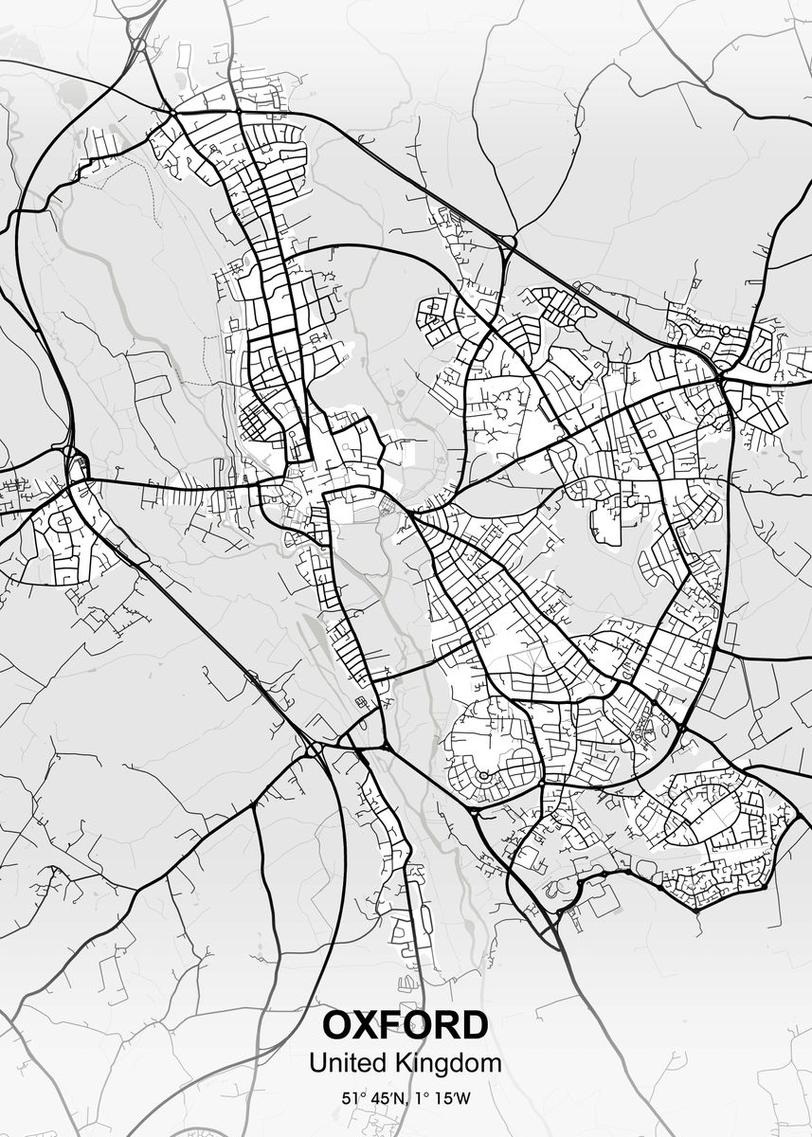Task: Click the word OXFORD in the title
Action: click(x=406, y=1026)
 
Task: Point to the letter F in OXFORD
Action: click(x=399, y=1026)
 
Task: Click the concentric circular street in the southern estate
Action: click(x=482, y=776)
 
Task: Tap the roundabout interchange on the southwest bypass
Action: click(x=313, y=749)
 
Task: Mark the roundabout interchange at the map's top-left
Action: click(x=140, y=43)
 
